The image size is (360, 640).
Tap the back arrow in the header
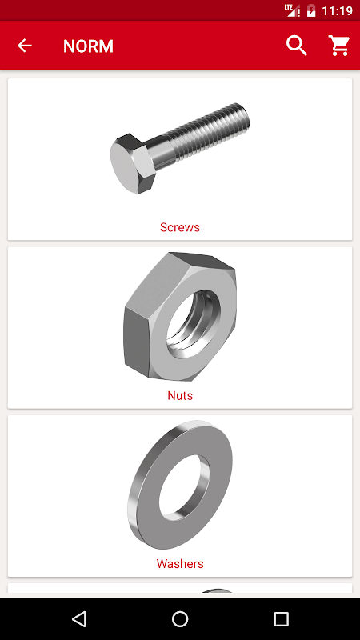pyautogui.click(x=25, y=46)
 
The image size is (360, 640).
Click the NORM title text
pyautogui.click(x=88, y=46)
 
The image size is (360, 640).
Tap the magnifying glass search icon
pyautogui.click(x=297, y=46)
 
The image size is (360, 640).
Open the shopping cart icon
pyautogui.click(x=339, y=46)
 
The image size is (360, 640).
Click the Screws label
pyautogui.click(x=180, y=227)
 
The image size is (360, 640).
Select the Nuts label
pyautogui.click(x=180, y=395)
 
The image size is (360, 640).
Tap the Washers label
pyautogui.click(x=180, y=564)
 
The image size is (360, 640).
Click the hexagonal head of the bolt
pyautogui.click(x=133, y=163)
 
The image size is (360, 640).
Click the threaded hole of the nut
pyautogui.click(x=194, y=325)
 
